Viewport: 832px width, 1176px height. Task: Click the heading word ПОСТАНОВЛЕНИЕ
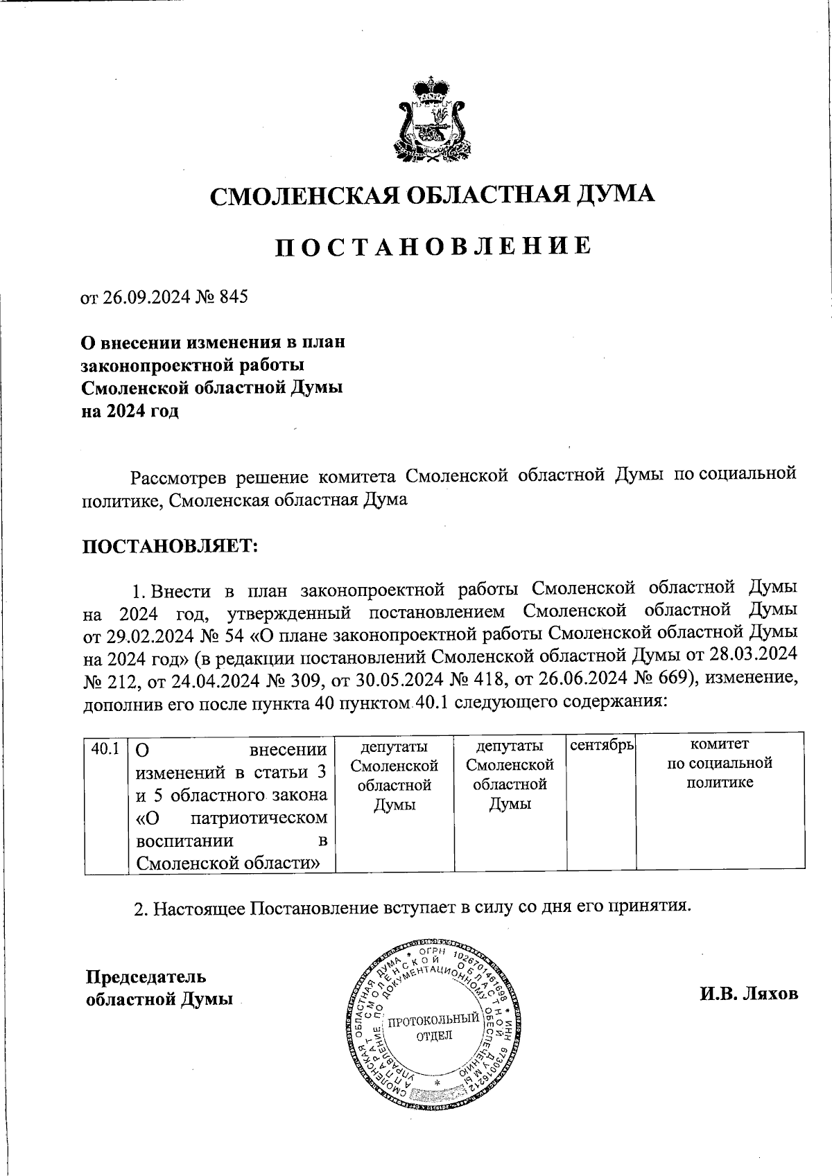click(433, 247)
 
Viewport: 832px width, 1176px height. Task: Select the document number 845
click(233, 297)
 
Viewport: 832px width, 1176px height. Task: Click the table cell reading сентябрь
click(602, 746)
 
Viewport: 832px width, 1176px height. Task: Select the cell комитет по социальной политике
click(720, 764)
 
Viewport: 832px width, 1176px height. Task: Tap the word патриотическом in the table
click(259, 818)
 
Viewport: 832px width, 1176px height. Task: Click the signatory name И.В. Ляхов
click(749, 994)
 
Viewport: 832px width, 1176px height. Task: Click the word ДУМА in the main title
click(615, 195)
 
